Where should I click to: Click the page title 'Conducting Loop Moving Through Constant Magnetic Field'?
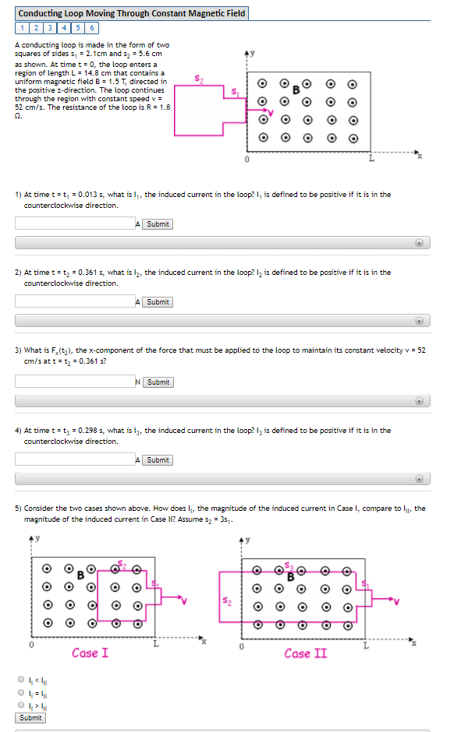(x=131, y=13)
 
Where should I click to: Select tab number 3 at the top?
(x=51, y=28)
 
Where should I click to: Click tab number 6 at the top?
(x=92, y=28)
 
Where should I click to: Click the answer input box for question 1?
(x=75, y=223)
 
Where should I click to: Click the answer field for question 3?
(x=75, y=382)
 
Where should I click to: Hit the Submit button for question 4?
(x=158, y=460)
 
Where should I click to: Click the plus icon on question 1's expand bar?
(x=419, y=243)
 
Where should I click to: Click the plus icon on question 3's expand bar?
(x=419, y=401)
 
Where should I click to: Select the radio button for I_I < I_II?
(x=21, y=679)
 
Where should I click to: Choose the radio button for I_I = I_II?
(x=21, y=691)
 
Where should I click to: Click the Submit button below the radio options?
(x=30, y=718)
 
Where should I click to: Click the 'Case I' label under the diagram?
(x=90, y=653)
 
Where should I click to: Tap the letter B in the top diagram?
(x=296, y=90)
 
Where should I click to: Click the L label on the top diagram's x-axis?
(x=371, y=160)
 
